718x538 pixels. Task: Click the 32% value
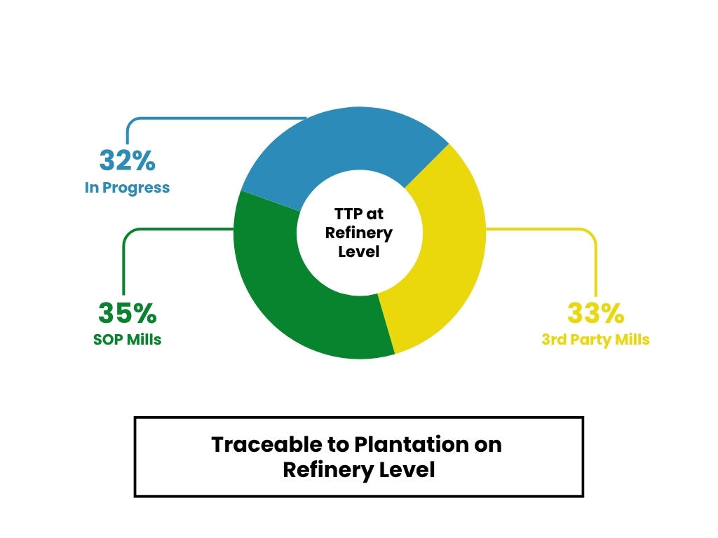pyautogui.click(x=127, y=160)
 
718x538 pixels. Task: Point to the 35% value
pyautogui.click(x=127, y=312)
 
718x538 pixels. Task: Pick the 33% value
pyautogui.click(x=595, y=313)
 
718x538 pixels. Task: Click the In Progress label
pyautogui.click(x=127, y=188)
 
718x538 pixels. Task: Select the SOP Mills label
pyautogui.click(x=127, y=340)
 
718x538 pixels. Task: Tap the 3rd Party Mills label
pyautogui.click(x=595, y=340)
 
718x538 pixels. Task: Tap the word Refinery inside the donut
pyautogui.click(x=358, y=233)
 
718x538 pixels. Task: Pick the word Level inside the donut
pyautogui.click(x=358, y=251)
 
